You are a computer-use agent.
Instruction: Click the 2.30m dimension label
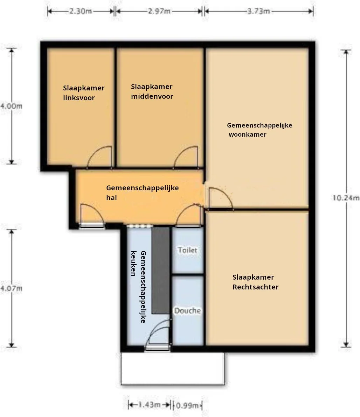pos(81,11)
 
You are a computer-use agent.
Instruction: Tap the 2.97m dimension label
pos(159,11)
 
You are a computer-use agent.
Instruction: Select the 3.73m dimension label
pos(259,11)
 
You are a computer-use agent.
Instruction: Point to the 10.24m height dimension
pos(346,198)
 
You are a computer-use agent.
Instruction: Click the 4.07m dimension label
pos(11,288)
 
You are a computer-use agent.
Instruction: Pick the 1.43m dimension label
pos(149,405)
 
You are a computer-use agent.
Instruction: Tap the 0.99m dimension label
pos(187,405)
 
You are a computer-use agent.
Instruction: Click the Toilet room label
pos(188,250)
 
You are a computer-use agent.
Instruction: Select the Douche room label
pos(187,310)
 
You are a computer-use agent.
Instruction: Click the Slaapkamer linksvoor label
pos(84,93)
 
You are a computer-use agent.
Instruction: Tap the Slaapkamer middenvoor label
pos(152,91)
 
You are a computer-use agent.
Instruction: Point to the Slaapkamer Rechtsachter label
pos(256,282)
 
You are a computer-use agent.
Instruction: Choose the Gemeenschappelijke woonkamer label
pos(259,130)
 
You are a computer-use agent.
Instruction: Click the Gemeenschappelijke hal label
pos(143,192)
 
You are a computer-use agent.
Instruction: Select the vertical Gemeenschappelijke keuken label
pos(138,287)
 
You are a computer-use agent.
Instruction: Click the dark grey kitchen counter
pos(160,270)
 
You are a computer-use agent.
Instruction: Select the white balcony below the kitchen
pos(173,369)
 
